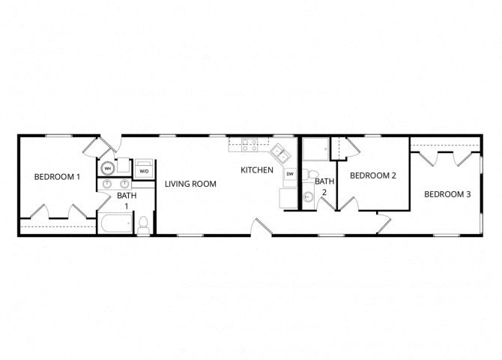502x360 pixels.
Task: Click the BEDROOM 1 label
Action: click(x=57, y=177)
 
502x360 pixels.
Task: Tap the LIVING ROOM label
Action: click(x=191, y=184)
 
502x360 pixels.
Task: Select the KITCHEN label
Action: click(x=257, y=170)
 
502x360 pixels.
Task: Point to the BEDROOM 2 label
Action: click(x=373, y=175)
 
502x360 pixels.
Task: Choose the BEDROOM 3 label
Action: click(x=447, y=194)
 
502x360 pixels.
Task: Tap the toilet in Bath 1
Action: click(x=142, y=223)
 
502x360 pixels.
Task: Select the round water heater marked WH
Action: click(x=108, y=168)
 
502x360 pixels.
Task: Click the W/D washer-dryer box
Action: click(x=144, y=170)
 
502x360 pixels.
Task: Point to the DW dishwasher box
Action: click(x=290, y=174)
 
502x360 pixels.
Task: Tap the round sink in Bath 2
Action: click(x=308, y=197)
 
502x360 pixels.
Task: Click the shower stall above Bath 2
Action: click(x=314, y=149)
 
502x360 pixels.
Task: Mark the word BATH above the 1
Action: click(x=127, y=196)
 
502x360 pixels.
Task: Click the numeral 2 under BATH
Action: click(x=324, y=192)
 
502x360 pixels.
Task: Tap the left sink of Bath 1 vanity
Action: click(x=109, y=183)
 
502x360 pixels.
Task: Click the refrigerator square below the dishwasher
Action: click(x=289, y=197)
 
